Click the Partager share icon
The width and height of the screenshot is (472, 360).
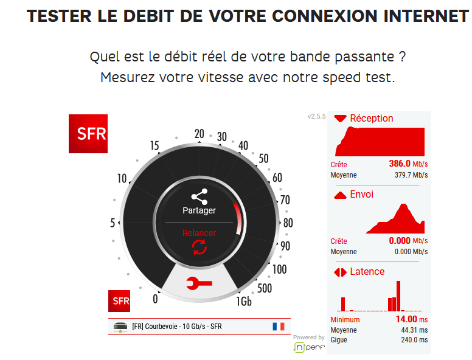199,196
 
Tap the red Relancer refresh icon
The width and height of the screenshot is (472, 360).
199,246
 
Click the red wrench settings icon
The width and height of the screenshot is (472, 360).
199,282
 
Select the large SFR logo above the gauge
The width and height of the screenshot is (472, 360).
88,134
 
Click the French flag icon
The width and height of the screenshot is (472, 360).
279,327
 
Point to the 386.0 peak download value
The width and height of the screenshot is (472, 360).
400,164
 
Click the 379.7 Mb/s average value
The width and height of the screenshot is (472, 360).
411,175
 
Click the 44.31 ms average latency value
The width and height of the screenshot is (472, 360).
411,330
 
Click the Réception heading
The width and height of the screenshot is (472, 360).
372,118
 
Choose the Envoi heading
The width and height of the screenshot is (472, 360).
362,195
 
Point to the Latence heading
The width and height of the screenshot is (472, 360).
367,271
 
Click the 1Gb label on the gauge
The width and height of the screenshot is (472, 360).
244,301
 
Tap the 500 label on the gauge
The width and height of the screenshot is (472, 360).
265,288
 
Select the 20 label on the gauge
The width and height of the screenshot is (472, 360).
199,134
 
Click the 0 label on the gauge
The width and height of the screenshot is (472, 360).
155,299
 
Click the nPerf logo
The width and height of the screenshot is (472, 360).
309,347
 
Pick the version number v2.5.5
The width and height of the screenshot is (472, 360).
317,116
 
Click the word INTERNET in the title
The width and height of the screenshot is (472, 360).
420,16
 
